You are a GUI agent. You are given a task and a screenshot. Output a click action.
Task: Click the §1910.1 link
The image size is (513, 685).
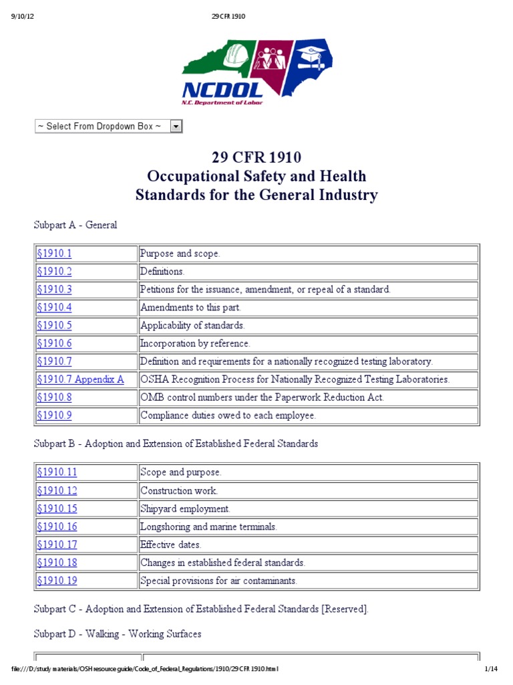click(x=54, y=254)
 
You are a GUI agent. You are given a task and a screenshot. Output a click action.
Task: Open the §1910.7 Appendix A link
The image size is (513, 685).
click(x=80, y=379)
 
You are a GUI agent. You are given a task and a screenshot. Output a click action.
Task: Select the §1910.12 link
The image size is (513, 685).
click(x=57, y=490)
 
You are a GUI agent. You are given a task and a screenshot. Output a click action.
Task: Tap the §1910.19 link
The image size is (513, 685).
click(x=57, y=581)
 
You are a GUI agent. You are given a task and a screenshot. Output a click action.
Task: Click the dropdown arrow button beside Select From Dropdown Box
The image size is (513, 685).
click(x=176, y=126)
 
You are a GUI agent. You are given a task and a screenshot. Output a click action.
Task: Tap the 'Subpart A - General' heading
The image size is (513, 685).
click(x=75, y=225)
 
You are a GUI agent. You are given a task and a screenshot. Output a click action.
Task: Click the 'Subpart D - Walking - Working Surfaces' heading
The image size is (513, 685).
click(x=118, y=633)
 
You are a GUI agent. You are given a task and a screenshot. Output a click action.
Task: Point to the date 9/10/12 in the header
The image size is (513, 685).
click(x=23, y=16)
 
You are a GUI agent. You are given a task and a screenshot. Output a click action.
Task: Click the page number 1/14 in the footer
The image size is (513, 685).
click(x=491, y=668)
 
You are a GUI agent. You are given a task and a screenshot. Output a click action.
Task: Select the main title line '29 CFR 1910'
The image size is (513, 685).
click(x=256, y=158)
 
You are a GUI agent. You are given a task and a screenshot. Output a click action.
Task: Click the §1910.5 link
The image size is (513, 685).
click(x=54, y=325)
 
